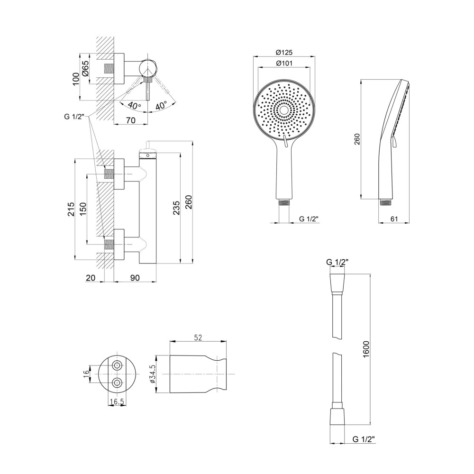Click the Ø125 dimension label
point(284,52)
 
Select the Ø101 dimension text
point(284,63)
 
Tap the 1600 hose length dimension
point(366,349)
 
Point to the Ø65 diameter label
point(85,68)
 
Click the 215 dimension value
point(71,209)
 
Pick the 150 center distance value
point(83,209)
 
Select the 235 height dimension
point(176,208)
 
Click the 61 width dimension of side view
point(394,219)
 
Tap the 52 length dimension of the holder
point(198,337)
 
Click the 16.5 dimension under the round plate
point(117,401)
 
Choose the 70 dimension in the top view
point(130,120)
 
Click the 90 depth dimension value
point(135,277)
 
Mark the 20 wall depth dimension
point(91,277)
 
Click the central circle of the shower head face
point(284,110)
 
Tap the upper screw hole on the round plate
point(117,365)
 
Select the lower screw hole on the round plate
point(117,383)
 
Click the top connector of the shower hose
point(337,284)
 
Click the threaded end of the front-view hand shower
point(284,202)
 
